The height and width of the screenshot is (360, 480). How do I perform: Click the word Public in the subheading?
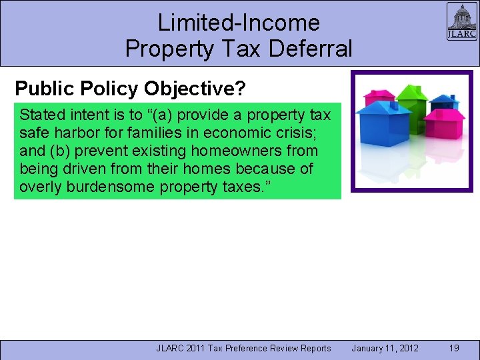point(42,88)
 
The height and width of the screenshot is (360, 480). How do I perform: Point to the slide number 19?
point(454,348)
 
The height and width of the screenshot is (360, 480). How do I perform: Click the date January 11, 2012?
point(385,348)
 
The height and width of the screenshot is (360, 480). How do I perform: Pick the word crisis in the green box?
point(304,132)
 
